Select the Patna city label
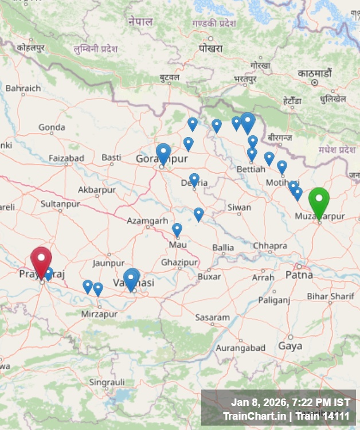tap(299, 275)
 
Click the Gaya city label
tap(290, 346)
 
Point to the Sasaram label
tap(212, 317)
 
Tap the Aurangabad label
tap(240, 347)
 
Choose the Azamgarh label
tap(148, 220)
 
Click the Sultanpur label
tap(60, 204)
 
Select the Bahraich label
tap(23, 88)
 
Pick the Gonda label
tap(52, 127)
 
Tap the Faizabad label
tap(66, 158)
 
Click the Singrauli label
tap(107, 381)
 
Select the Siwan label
tap(239, 207)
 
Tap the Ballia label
tap(223, 248)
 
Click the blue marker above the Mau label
tap(177, 229)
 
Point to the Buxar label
tap(209, 276)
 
